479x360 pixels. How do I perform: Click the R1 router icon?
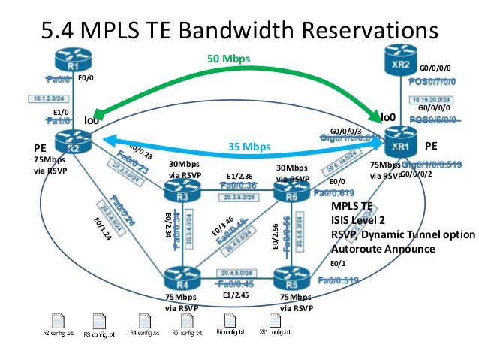click(x=69, y=61)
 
